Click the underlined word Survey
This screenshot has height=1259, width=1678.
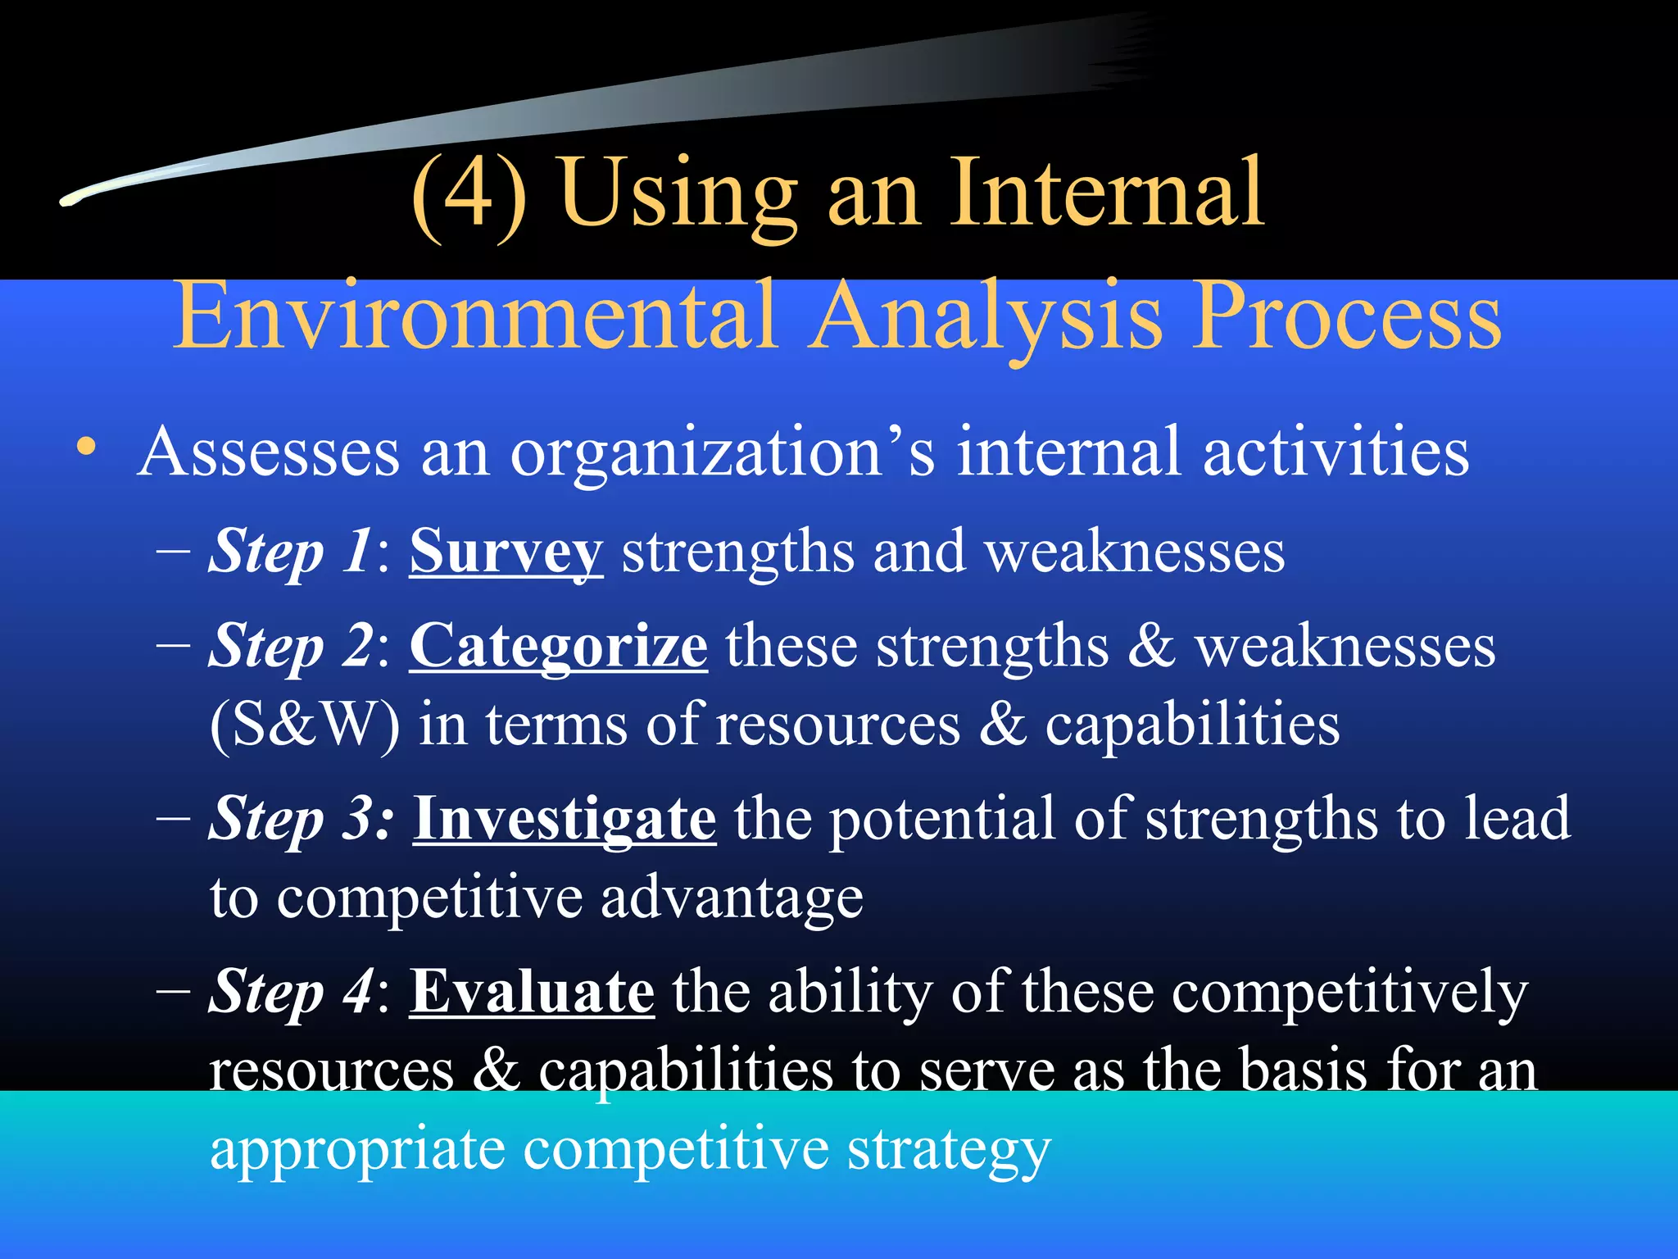[x=506, y=552]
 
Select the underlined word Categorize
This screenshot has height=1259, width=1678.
[x=558, y=647]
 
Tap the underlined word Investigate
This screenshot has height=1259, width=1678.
[x=565, y=819]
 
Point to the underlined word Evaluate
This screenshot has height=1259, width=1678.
[x=532, y=992]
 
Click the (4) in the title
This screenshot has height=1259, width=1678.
[x=469, y=194]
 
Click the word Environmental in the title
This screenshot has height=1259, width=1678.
[x=474, y=316]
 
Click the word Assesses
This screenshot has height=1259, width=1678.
[x=269, y=452]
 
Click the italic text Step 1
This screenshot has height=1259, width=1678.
[x=291, y=552]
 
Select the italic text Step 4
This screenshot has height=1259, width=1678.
[x=291, y=992]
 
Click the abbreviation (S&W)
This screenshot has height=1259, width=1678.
[x=305, y=725]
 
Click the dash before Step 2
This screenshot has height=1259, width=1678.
[x=173, y=645]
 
